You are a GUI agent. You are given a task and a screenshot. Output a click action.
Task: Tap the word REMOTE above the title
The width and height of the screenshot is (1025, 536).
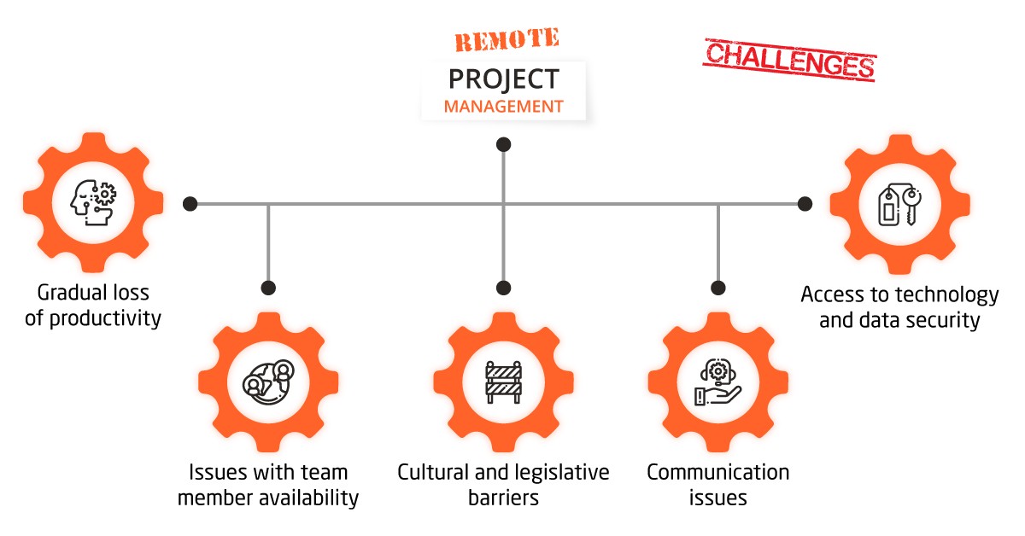507,39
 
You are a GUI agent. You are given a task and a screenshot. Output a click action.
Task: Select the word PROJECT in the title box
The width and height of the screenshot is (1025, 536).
504,79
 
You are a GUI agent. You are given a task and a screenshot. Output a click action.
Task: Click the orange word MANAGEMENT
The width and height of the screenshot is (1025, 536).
504,107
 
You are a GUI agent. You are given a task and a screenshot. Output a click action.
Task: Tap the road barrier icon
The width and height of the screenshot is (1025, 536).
503,382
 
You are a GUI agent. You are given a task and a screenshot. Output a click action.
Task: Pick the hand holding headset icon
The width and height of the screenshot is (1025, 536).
717,382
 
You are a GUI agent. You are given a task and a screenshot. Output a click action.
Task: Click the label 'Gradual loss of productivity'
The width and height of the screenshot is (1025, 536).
93,306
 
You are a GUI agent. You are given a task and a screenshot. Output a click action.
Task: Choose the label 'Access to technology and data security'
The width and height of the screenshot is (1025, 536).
899,307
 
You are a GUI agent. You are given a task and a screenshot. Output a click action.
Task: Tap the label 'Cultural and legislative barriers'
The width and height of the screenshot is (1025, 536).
503,484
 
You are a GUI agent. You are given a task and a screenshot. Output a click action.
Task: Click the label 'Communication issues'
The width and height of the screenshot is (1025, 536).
717,484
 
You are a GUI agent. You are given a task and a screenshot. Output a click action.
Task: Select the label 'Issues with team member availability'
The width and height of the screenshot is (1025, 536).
268,484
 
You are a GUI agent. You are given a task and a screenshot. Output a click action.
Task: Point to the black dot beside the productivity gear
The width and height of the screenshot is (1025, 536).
190,204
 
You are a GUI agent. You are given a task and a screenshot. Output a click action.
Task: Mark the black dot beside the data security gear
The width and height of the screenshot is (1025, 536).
805,204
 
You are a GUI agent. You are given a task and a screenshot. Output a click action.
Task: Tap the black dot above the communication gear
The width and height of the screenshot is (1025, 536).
717,288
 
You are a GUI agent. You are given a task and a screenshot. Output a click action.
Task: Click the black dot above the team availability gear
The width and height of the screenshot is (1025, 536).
268,288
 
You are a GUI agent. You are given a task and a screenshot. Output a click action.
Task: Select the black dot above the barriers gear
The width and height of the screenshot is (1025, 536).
503,288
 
